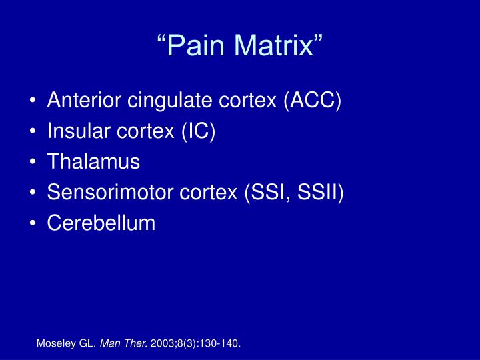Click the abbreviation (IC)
[x=197, y=132]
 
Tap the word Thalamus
[x=94, y=162]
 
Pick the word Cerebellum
[x=101, y=223]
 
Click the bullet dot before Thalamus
[x=34, y=163]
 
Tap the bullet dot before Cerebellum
[x=34, y=223]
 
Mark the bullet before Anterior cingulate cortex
[x=34, y=102]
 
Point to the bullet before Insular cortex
[x=34, y=133]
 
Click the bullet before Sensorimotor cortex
[x=34, y=193]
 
